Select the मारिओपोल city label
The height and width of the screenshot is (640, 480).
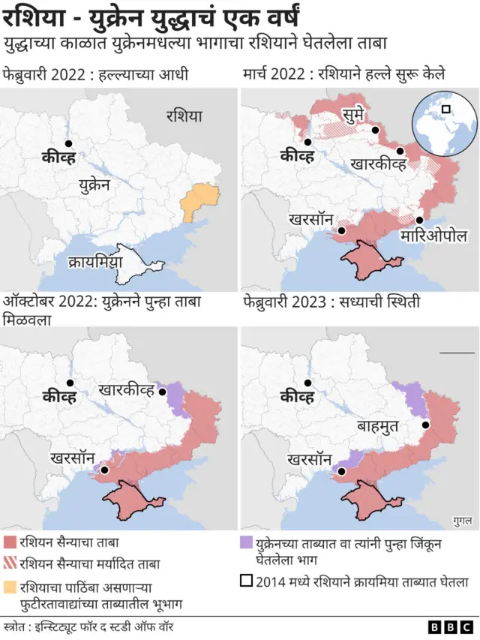coord(434,236)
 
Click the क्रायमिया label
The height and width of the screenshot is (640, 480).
coord(94,263)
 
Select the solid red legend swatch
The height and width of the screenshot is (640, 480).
coord(10,542)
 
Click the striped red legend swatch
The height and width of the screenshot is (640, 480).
coord(10,563)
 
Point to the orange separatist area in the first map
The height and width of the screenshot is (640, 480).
coord(200,198)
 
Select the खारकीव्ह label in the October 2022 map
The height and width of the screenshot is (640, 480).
coord(126,390)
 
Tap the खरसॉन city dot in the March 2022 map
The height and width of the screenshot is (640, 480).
coord(341,232)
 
